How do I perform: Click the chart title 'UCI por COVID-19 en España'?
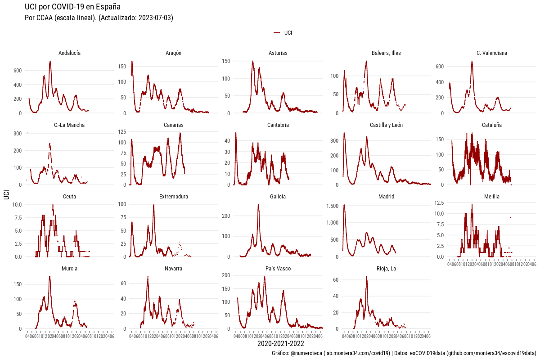click(x=72, y=7)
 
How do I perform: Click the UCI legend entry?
click(x=288, y=33)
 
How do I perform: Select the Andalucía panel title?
click(x=69, y=53)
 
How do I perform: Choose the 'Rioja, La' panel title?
click(x=387, y=269)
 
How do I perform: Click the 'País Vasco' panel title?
click(x=278, y=269)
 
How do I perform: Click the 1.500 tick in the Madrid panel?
click(x=332, y=206)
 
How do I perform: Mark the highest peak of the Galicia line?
click(x=258, y=205)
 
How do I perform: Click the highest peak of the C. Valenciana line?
click(x=472, y=61)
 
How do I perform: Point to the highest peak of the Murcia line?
click(x=49, y=277)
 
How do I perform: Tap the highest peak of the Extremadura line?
click(x=154, y=205)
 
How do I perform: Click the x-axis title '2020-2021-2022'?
click(x=278, y=344)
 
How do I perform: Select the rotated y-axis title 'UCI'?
click(x=6, y=195)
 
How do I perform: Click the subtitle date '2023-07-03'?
click(x=153, y=18)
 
